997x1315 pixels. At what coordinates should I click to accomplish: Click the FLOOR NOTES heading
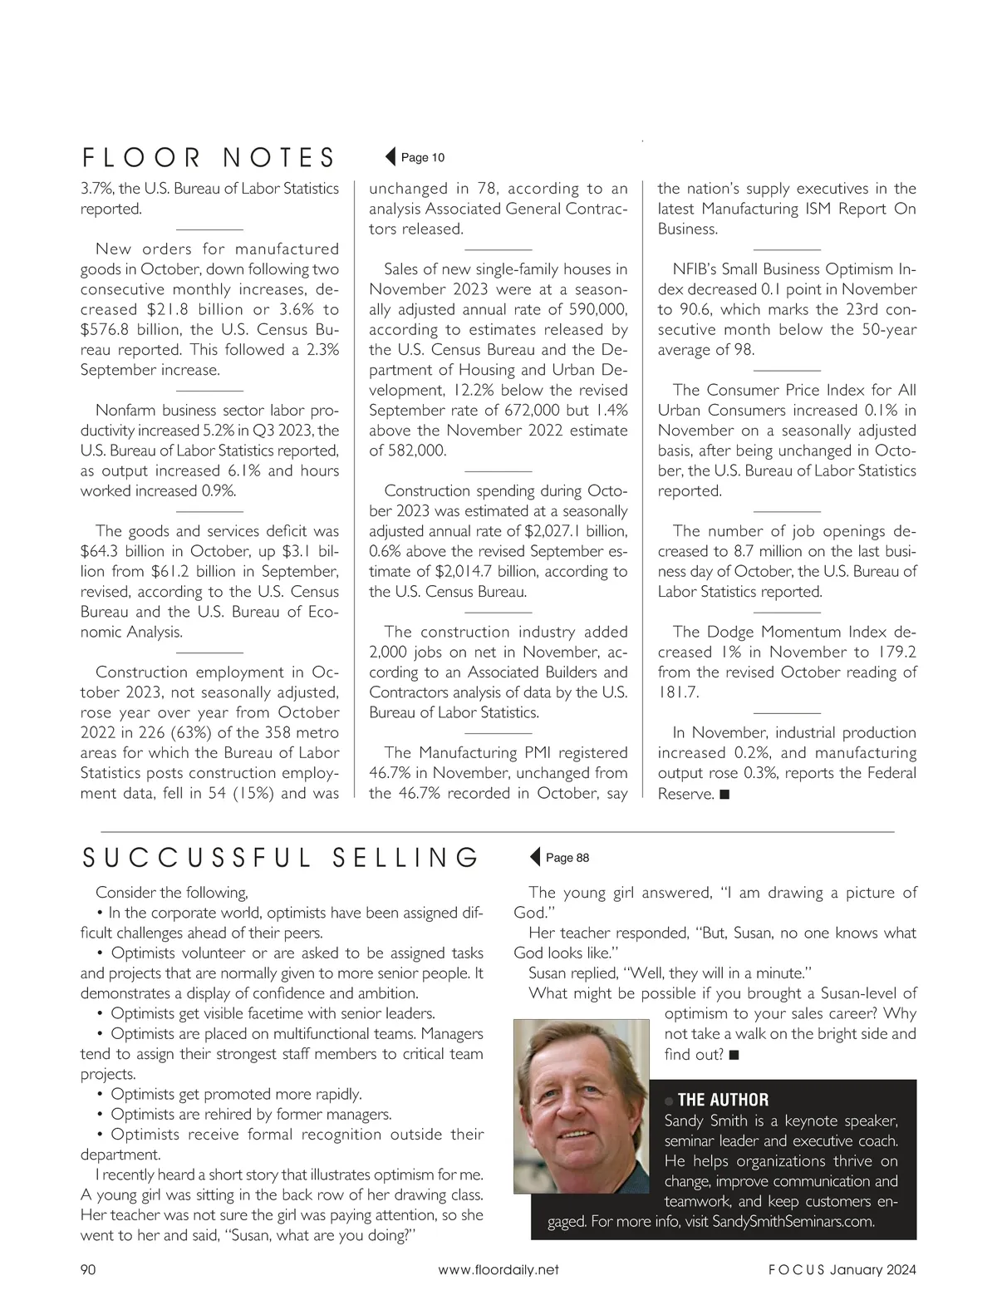tap(208, 157)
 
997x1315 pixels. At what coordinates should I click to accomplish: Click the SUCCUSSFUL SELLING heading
tap(280, 857)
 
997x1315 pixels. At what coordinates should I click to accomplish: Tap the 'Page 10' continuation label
tap(423, 157)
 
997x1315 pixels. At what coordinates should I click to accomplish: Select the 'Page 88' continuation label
tap(567, 857)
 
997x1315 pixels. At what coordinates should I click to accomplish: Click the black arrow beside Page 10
tap(390, 157)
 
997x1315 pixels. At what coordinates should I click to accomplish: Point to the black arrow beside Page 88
tap(535, 857)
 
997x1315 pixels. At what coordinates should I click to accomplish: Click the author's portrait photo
tap(581, 1106)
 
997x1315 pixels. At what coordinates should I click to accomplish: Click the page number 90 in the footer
tap(88, 1269)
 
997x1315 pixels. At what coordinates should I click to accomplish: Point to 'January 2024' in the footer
tap(872, 1269)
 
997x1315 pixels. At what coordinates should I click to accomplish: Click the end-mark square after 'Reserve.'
tap(724, 795)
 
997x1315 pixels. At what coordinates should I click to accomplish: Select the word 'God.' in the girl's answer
tap(529, 913)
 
